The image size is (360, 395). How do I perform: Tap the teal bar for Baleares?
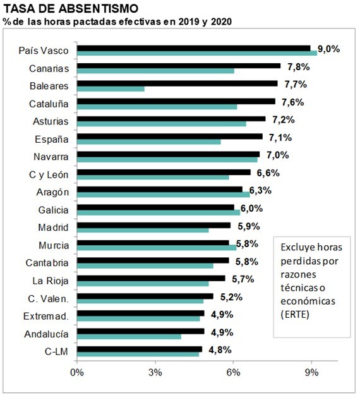point(111,88)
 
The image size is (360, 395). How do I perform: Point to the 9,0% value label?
point(328,49)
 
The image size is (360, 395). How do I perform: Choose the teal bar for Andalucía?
point(129,336)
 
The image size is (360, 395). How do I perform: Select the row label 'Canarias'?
point(49,68)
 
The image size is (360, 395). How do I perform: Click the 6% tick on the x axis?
point(233,372)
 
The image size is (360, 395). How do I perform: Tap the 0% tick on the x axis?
point(77,372)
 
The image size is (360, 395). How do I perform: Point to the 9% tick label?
point(311,372)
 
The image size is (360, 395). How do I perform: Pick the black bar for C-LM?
point(140,349)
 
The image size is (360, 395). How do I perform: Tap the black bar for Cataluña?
point(176,101)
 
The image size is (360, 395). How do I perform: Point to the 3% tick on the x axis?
point(155,372)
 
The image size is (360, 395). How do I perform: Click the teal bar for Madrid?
point(143,230)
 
